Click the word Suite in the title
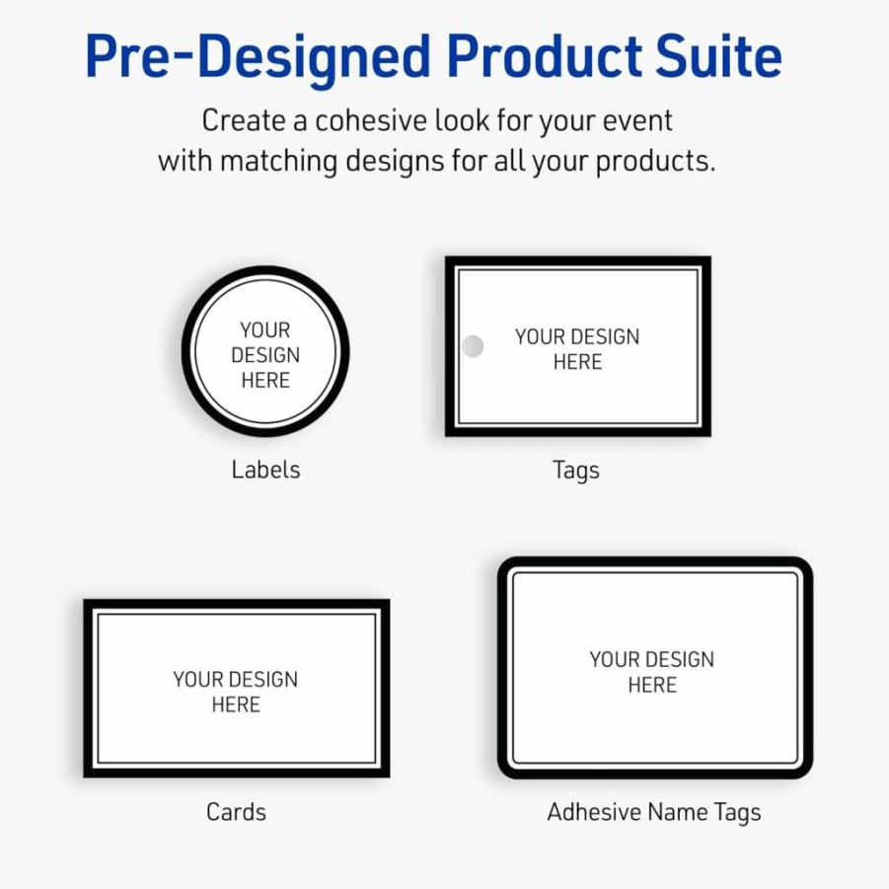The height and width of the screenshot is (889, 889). click(x=718, y=55)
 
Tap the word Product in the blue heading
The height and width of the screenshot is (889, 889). click(x=545, y=55)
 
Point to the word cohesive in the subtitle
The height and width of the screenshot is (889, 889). click(x=370, y=120)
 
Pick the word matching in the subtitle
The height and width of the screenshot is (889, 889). click(x=278, y=162)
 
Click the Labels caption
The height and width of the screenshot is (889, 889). click(x=265, y=470)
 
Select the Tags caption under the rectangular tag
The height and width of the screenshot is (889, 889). click(x=576, y=471)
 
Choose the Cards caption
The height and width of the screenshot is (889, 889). click(x=236, y=812)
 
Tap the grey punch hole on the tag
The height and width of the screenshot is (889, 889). click(x=473, y=346)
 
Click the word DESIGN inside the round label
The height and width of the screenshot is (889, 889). click(x=265, y=355)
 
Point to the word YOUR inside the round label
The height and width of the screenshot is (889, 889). click(x=264, y=330)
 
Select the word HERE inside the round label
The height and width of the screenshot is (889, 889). click(x=265, y=380)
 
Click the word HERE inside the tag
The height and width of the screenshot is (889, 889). click(x=577, y=362)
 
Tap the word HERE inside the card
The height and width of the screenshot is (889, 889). click(x=236, y=704)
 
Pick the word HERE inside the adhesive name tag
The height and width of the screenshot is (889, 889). click(x=652, y=685)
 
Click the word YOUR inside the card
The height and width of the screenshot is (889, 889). click(x=198, y=679)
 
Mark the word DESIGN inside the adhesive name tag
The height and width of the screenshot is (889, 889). click(x=680, y=659)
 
